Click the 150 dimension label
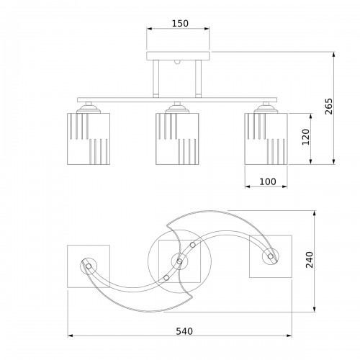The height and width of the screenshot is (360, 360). click(x=180, y=24)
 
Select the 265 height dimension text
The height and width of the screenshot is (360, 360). click(x=329, y=107)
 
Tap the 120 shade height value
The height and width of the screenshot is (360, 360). click(x=306, y=137)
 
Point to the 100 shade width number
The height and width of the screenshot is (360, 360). click(x=268, y=181)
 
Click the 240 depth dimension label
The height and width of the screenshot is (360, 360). click(x=310, y=260)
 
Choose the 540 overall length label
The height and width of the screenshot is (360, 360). click(x=184, y=331)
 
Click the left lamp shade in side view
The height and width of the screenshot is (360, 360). click(x=89, y=139)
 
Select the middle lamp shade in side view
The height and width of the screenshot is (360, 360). click(x=177, y=139)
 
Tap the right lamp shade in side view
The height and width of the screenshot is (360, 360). click(x=266, y=139)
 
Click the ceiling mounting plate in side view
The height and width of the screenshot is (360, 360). click(x=178, y=55)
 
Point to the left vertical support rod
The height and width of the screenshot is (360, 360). click(x=156, y=78)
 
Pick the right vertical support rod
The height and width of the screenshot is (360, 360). click(x=198, y=78)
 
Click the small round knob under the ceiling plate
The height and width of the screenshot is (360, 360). click(x=177, y=62)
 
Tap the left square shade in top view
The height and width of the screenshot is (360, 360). click(x=89, y=266)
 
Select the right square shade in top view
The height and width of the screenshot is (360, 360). click(x=271, y=256)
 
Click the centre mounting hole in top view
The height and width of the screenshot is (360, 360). click(x=179, y=261)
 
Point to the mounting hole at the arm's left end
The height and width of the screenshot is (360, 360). click(x=89, y=266)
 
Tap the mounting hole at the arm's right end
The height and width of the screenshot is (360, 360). click(x=271, y=256)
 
